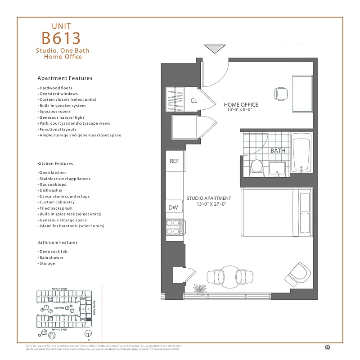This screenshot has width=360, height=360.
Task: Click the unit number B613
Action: click(61, 38)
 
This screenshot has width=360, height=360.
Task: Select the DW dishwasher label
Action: click(173, 207)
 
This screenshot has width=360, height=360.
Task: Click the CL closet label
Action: click(193, 101)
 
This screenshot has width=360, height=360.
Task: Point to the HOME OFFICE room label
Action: click(241, 105)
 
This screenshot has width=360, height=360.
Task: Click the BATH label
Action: click(278, 150)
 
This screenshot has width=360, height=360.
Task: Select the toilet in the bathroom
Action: click(257, 166)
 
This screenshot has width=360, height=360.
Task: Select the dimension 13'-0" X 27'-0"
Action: click(211, 204)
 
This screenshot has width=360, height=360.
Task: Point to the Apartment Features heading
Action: click(65, 78)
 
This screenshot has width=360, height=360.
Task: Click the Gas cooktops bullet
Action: click(52, 184)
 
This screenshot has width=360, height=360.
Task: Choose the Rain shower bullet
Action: click(51, 257)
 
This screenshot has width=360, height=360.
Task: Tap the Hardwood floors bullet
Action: click(55, 88)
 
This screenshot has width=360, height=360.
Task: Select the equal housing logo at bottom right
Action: click(327, 346)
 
